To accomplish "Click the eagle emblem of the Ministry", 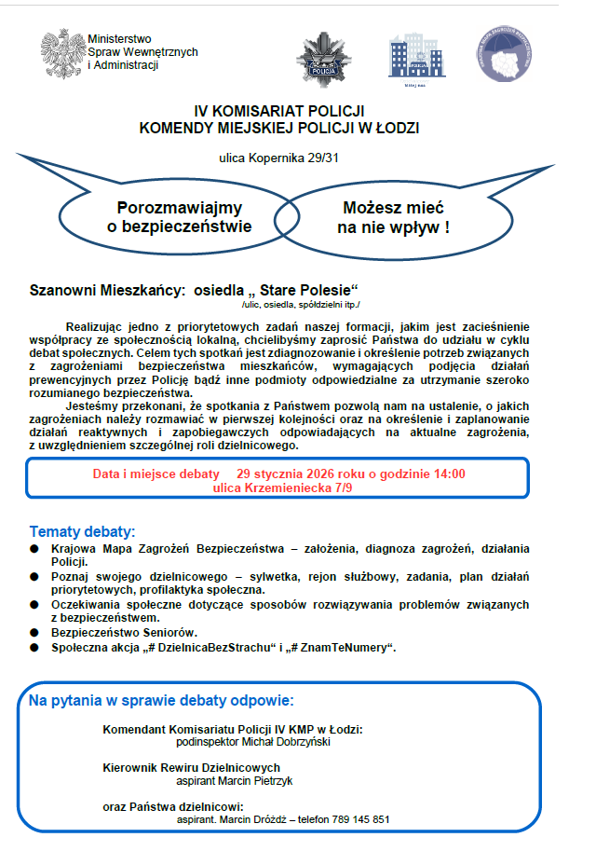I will point(61,52).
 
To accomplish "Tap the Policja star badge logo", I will point(323,59).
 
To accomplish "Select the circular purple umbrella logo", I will point(509,55).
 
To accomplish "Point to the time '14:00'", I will point(450,474).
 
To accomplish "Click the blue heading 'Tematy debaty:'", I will point(82,531).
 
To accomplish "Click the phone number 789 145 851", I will point(354,819).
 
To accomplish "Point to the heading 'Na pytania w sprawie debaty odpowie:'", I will point(161,700).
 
